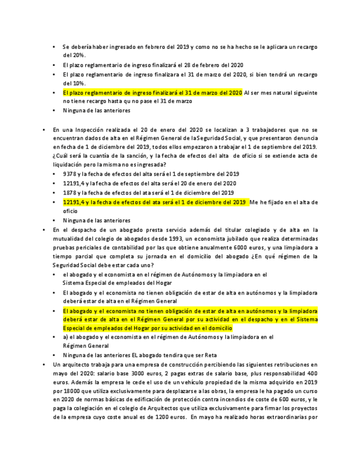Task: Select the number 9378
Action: (x=70, y=174)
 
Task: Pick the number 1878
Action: (x=70, y=193)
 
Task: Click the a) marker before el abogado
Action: (x=65, y=337)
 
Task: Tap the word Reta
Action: (x=209, y=355)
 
